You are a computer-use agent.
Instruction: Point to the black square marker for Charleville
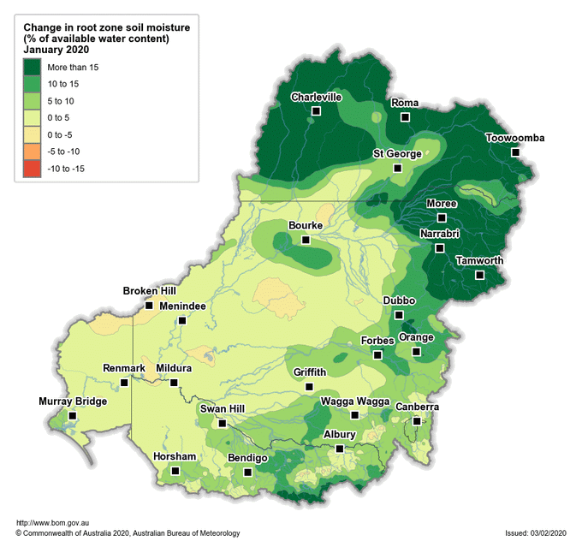317,111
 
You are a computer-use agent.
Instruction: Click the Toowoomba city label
515,138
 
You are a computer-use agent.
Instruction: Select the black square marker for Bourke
306,240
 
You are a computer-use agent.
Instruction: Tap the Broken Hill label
149,291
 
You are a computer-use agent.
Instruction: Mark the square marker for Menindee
182,321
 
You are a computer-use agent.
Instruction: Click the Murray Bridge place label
73,401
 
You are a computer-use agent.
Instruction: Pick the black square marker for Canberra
417,421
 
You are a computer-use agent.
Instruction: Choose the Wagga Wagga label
354,401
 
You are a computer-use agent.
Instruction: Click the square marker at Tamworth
480,275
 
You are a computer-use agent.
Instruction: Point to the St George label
396,154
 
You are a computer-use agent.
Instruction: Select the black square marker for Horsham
175,471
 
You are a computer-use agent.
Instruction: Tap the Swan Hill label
223,408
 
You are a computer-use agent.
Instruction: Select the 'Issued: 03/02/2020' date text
536,533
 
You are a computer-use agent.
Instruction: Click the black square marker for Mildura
174,383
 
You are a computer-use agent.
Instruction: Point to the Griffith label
310,372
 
